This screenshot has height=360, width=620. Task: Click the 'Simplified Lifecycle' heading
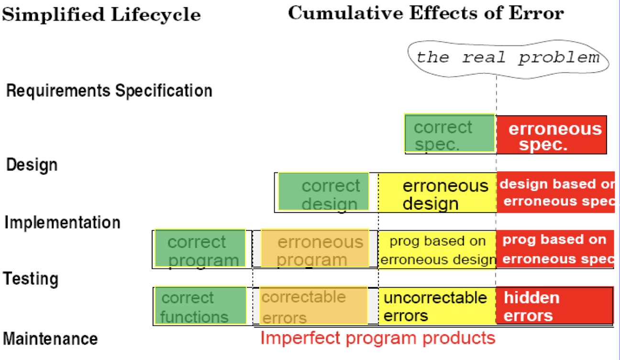101,14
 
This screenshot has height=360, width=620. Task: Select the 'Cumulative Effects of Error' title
426,13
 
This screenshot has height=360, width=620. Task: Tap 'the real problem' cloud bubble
508,59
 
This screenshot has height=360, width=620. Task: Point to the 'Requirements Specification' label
109,91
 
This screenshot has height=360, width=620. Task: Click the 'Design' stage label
32,165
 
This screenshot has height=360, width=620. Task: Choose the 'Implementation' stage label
63,223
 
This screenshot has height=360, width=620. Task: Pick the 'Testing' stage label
31,279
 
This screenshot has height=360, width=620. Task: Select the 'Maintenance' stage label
50,339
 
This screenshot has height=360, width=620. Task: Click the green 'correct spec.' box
450,133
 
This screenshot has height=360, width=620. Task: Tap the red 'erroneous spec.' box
552,135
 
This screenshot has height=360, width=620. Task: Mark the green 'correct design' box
323,191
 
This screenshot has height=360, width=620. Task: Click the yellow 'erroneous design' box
438,192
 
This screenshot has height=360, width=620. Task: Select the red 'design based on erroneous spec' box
556,192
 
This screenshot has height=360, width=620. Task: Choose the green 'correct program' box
200,248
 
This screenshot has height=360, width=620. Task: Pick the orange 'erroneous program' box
315,248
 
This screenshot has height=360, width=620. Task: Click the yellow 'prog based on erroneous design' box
437,250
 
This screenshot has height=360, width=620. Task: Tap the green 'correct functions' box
200,305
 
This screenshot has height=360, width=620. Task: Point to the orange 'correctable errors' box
314,305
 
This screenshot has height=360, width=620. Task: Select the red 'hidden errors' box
554,306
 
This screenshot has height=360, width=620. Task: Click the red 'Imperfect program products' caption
378,338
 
